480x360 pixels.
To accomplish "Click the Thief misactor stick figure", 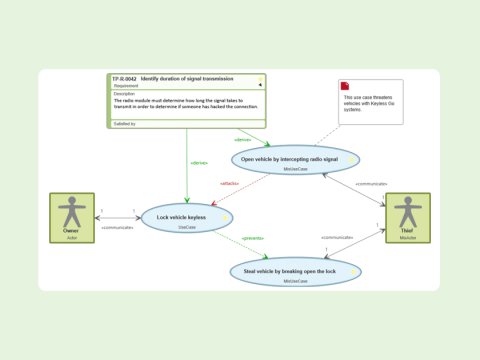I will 407,212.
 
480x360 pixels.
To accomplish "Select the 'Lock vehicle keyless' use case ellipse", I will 187,218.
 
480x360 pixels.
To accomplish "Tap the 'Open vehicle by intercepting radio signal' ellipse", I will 295,159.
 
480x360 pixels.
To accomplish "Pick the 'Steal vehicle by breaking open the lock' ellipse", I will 295,271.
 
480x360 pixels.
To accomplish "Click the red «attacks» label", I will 229,183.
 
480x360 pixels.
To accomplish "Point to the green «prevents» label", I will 254,239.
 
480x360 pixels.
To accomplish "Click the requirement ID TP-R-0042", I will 124,78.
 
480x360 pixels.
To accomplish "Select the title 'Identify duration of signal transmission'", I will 188,78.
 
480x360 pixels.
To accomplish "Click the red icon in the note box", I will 345,86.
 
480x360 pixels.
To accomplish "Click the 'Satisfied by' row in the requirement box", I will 124,123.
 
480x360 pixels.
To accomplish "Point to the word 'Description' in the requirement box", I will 124,94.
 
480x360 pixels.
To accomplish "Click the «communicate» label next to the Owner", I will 118,227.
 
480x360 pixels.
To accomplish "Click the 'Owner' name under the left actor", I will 71,231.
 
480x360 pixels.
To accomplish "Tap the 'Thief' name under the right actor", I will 407,231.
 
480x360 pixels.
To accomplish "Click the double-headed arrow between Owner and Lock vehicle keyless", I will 118,217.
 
